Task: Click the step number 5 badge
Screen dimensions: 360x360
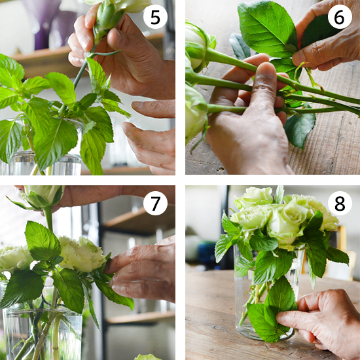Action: [155, 17]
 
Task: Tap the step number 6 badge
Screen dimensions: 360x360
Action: [340, 17]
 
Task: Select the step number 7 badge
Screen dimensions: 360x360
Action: [155, 203]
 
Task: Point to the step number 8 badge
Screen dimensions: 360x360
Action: [340, 203]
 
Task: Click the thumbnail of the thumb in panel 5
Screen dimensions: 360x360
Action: [114, 37]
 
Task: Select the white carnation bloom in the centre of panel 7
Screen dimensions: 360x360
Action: [82, 254]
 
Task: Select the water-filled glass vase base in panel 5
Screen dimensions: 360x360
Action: [41, 164]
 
